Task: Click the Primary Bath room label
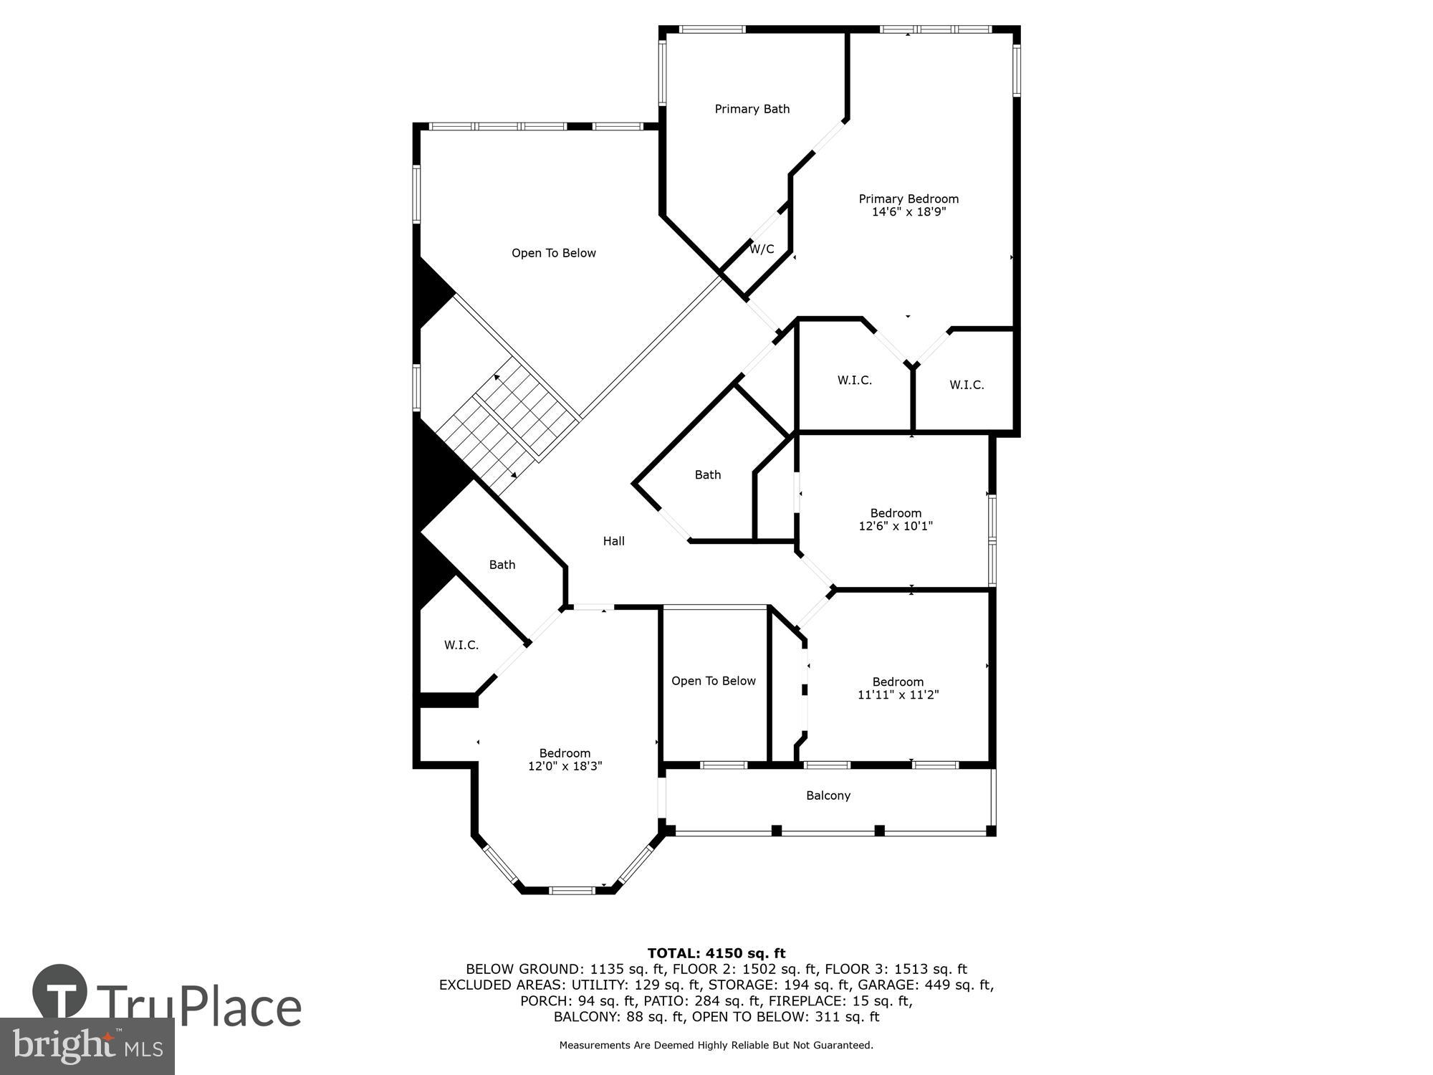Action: point(752,109)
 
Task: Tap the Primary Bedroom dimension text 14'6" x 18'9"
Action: point(909,212)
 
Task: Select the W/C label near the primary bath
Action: point(762,249)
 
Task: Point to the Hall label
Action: point(613,541)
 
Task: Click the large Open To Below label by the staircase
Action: point(553,253)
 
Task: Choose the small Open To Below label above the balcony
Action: point(713,681)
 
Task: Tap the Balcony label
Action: point(828,795)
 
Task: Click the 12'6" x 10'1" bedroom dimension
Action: point(895,526)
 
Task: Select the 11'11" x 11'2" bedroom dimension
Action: point(898,694)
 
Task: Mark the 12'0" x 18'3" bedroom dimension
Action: point(565,766)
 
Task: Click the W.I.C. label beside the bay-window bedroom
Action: point(461,645)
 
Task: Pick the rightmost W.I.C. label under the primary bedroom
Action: point(966,385)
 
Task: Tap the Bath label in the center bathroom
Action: point(707,474)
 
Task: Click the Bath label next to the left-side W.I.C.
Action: point(502,565)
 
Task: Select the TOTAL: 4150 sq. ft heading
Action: point(716,953)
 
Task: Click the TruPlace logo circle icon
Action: point(59,994)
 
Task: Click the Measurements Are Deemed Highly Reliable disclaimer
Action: point(716,1045)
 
